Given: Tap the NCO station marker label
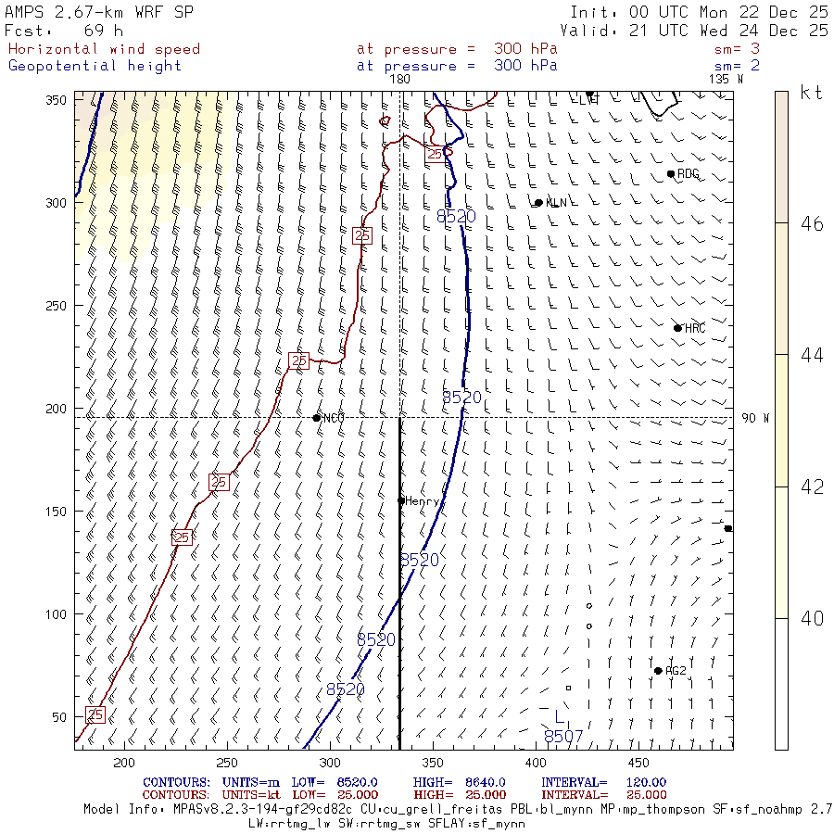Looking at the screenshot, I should point(334,418).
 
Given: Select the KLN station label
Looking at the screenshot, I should point(556,203).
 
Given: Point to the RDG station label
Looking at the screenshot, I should point(688,174).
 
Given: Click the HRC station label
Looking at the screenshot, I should point(695,328).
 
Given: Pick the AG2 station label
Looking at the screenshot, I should point(676,671).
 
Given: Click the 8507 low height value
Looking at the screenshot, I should point(563,737).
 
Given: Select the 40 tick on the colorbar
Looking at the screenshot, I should point(812,618).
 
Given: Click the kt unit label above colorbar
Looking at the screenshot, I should point(811,93).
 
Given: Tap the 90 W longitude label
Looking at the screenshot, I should point(755,418).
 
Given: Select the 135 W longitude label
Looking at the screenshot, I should point(726,79).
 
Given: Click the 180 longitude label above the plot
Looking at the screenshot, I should point(400,79).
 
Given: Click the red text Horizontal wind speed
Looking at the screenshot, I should point(104,49).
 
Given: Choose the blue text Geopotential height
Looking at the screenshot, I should point(95,66).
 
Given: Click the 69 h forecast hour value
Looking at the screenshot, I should point(103,31).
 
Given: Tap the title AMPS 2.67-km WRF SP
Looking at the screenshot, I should point(94,13).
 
